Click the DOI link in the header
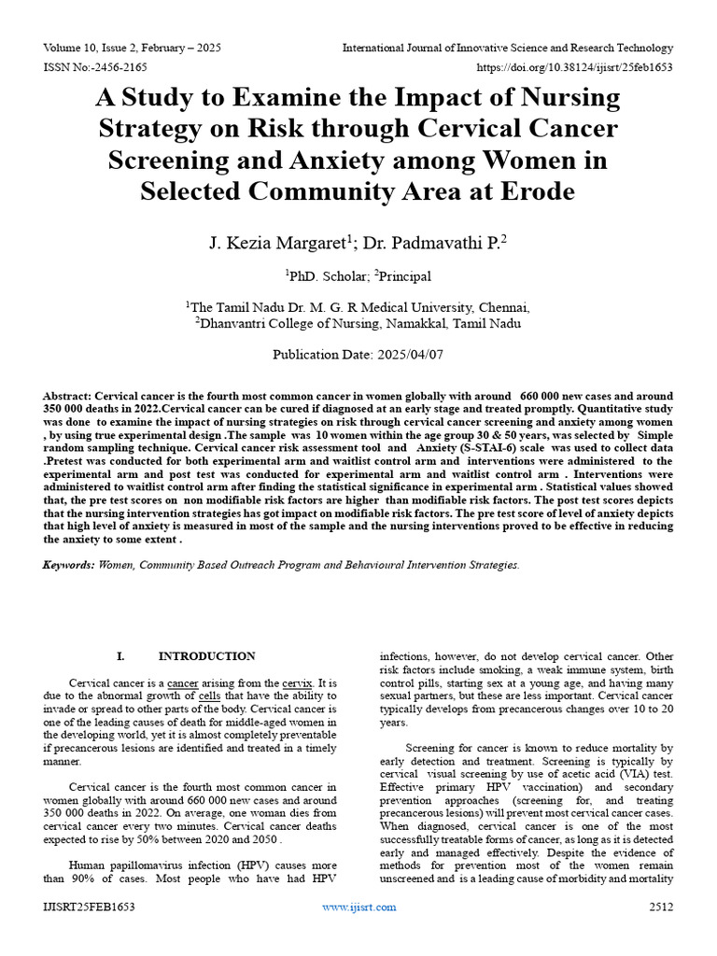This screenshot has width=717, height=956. point(575,67)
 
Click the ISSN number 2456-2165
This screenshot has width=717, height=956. point(116,67)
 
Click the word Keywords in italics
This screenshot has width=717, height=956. point(68,565)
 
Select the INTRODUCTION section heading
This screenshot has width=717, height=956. point(206,656)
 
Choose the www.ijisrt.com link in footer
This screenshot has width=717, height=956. point(358,907)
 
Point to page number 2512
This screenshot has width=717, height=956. point(659,907)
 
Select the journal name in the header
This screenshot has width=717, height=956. point(508,48)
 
